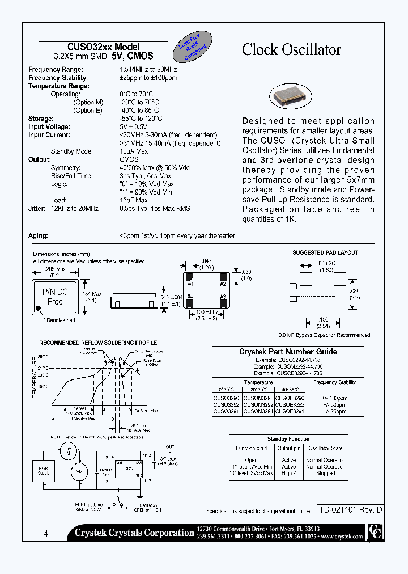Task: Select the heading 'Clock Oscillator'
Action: pyautogui.click(x=291, y=50)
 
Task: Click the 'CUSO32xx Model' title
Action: pyautogui.click(x=104, y=48)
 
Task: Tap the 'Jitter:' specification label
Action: pyautogui.click(x=37, y=209)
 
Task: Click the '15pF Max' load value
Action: pyautogui.click(x=133, y=200)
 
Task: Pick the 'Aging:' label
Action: pyautogui.click(x=38, y=235)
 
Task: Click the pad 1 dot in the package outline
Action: pyautogui.click(x=39, y=310)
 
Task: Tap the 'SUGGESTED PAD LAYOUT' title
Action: pyautogui.click(x=325, y=252)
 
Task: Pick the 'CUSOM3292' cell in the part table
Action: pyautogui.click(x=258, y=405)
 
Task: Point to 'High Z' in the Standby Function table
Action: pyautogui.click(x=289, y=473)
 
